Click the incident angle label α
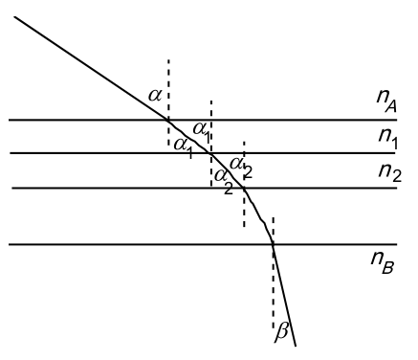[x=155, y=95]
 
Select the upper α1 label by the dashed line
[x=202, y=131]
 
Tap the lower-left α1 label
[x=184, y=147]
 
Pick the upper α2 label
[x=241, y=167]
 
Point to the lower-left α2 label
[x=224, y=181]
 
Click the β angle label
[x=281, y=333]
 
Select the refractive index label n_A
[x=386, y=100]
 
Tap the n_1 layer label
[x=388, y=138]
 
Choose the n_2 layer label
[x=389, y=172]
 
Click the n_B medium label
[x=383, y=261]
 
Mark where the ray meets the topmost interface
[x=168, y=120]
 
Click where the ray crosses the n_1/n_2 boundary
[x=210, y=153]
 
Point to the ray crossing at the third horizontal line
[x=244, y=189]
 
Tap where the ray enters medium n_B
[x=273, y=244]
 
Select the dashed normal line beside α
[x=168, y=102]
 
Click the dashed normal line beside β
[x=274, y=273]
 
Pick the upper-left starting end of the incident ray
[x=14, y=16]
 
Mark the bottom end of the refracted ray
[x=296, y=346]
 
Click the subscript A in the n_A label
[x=391, y=106]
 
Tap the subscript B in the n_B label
[x=388, y=267]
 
